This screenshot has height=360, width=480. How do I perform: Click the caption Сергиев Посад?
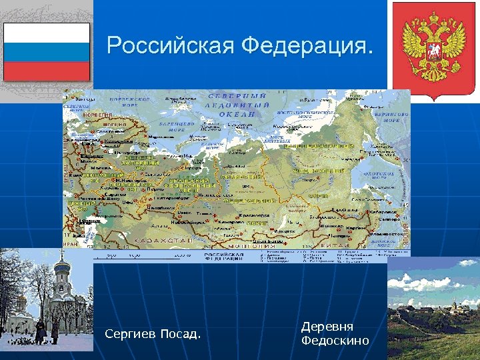pos(153,333)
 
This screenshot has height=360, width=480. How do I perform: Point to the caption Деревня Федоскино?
pos(335,333)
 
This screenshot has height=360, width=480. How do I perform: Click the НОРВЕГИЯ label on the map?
pos(97,115)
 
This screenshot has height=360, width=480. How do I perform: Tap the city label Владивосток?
pos(384,235)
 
